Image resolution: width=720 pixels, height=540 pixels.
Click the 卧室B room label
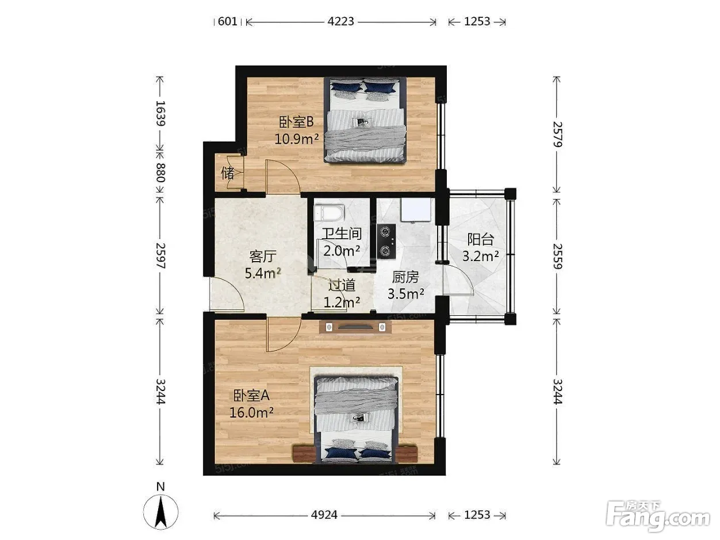tap(297, 122)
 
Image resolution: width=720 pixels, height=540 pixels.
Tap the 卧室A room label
tap(251, 396)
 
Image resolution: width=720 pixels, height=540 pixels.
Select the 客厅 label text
tap(263, 256)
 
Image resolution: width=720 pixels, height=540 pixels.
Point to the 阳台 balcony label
tap(481, 239)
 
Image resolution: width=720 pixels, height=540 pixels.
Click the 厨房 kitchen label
tap(405, 277)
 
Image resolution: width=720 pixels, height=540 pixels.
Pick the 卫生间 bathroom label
tap(342, 234)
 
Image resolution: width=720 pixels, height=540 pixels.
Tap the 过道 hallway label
tap(342, 285)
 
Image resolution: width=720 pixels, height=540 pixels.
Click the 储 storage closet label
tap(227, 173)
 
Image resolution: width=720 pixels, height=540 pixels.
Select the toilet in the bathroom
tap(329, 213)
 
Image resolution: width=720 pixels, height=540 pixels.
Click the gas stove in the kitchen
tap(386, 242)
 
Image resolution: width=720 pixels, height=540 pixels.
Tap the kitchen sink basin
tap(416, 209)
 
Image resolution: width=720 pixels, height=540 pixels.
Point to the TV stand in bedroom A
tap(355, 327)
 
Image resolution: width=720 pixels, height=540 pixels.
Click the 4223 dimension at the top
tap(341, 22)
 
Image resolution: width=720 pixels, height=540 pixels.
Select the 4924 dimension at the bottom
tap(324, 515)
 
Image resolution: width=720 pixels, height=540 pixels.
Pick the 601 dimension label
tap(227, 22)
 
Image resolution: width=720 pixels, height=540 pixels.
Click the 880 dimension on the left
tap(160, 173)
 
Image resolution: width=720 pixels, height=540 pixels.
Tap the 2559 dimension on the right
tap(558, 256)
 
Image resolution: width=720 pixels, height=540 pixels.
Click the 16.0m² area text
tap(251, 412)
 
